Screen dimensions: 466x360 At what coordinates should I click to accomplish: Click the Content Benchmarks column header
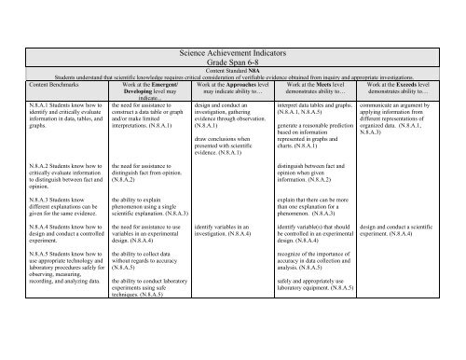point(36,87)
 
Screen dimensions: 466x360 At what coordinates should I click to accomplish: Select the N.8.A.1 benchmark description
point(51,118)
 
